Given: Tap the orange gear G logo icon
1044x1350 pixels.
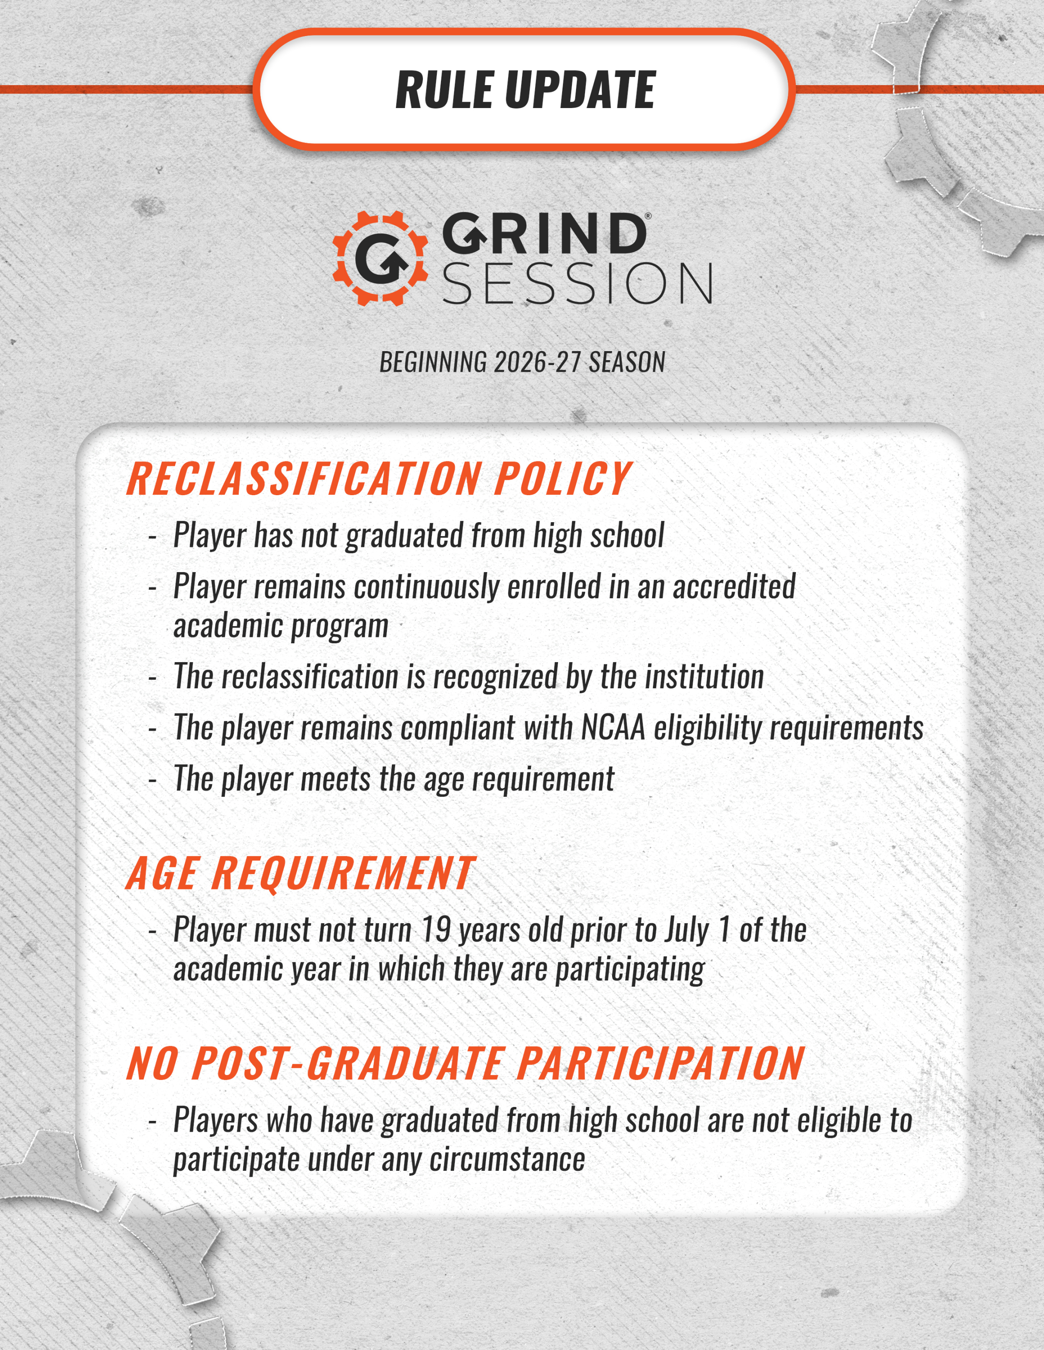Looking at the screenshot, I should tap(380, 258).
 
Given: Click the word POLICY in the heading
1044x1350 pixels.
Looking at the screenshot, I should tap(562, 479).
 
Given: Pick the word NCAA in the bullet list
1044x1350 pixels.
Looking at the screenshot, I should tap(613, 727).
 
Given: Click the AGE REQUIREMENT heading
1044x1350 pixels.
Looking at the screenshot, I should tap(300, 874).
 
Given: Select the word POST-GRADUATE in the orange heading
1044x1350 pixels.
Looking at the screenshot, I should tap(348, 1064).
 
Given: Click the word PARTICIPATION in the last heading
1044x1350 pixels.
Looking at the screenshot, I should tap(660, 1064).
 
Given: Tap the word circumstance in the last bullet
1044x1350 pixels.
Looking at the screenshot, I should tap(507, 1159).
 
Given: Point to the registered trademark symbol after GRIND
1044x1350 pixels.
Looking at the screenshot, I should tap(648, 217).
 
